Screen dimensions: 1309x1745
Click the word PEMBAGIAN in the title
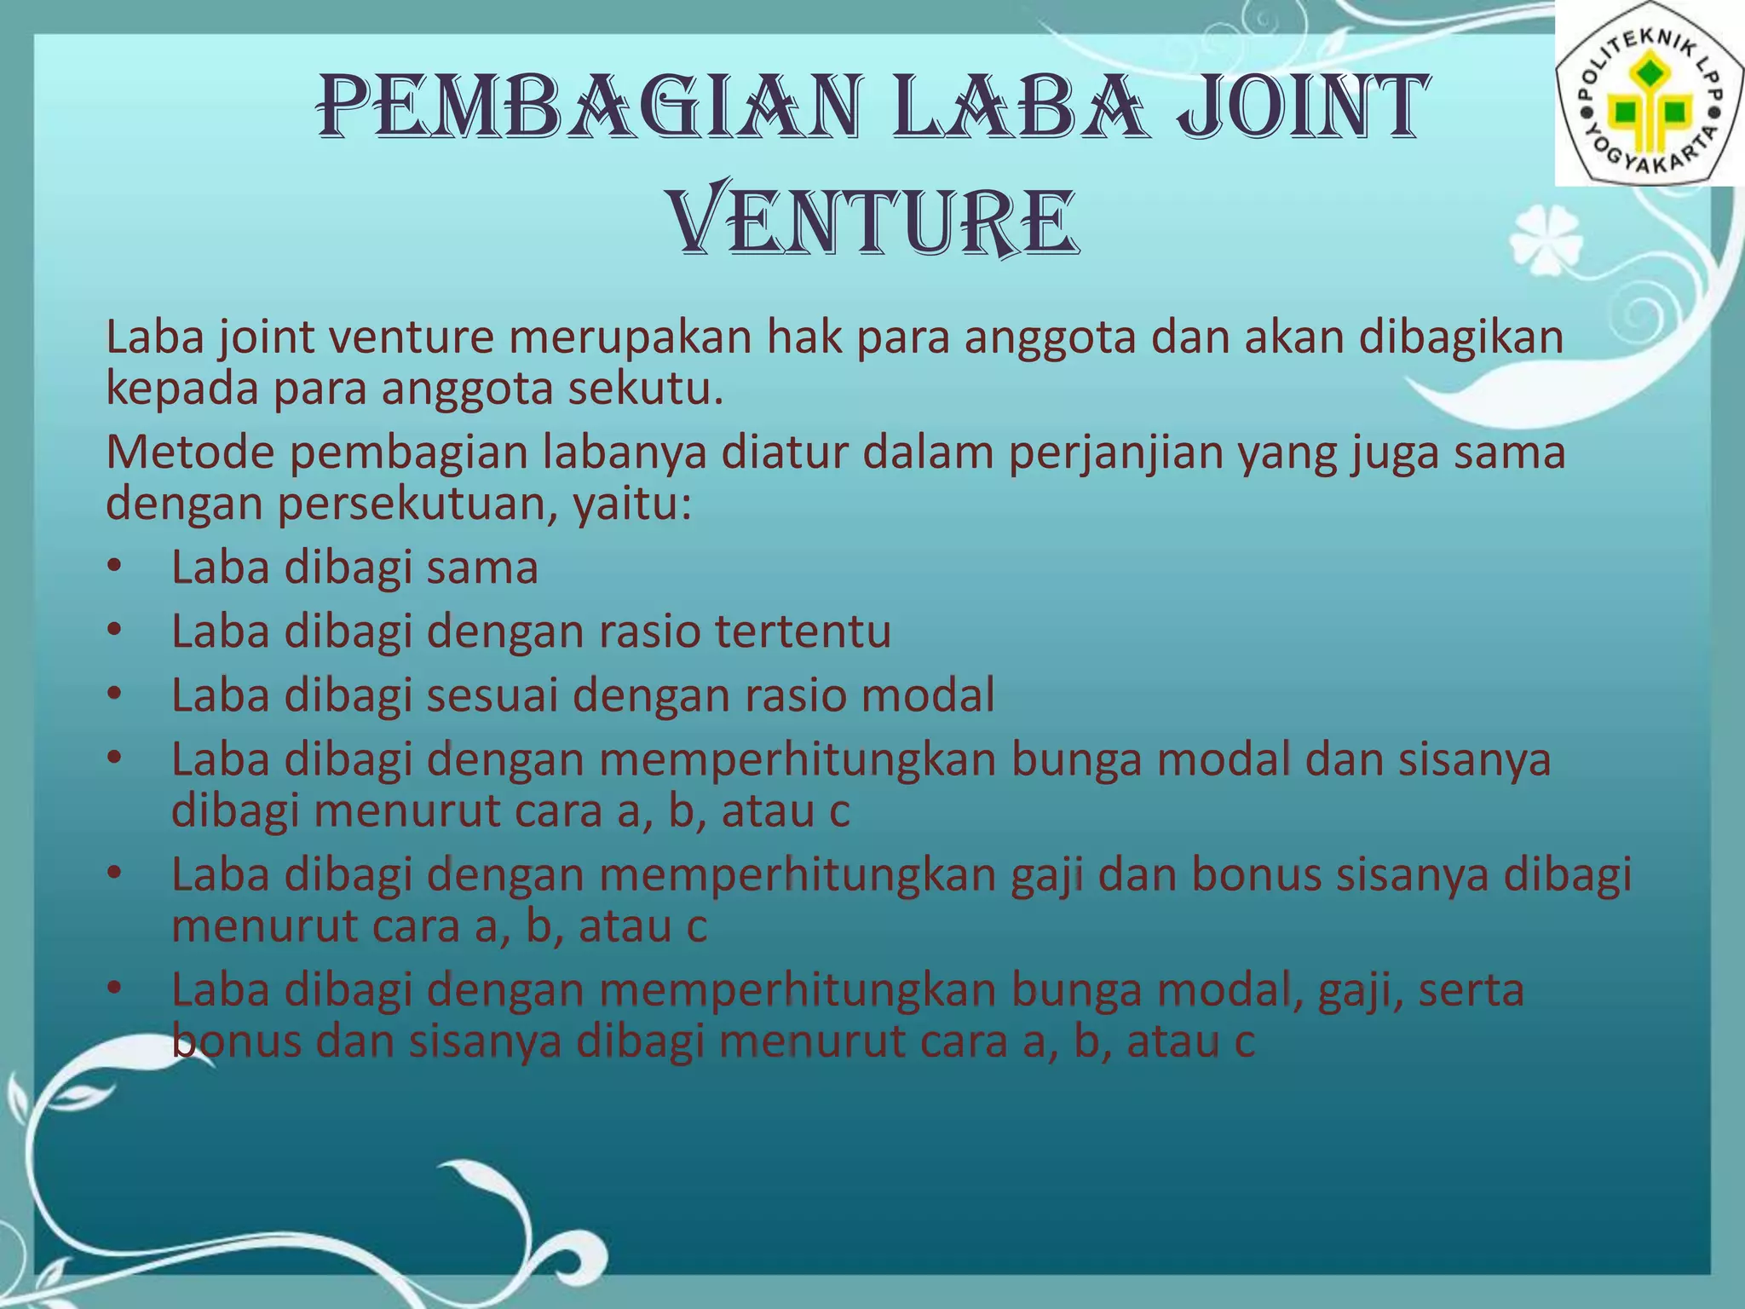point(588,109)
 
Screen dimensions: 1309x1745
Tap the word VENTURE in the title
point(873,222)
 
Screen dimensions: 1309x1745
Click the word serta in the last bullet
point(1471,990)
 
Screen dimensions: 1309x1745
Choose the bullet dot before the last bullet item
point(116,989)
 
